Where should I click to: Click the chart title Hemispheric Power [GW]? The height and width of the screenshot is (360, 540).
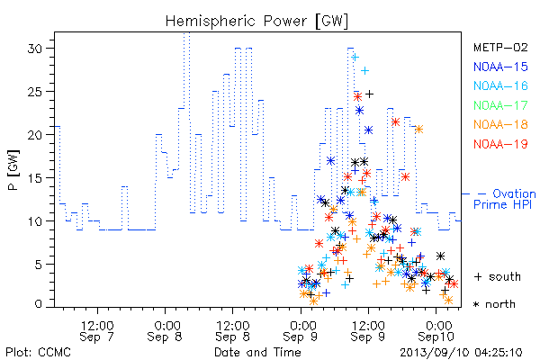[x=256, y=21]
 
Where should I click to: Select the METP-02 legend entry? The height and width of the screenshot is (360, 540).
[x=500, y=47]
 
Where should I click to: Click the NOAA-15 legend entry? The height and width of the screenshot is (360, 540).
[x=500, y=67]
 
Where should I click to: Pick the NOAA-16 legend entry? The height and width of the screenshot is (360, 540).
[x=500, y=85]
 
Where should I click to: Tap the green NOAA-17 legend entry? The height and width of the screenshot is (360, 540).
[x=500, y=105]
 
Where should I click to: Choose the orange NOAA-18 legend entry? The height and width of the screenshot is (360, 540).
[x=500, y=124]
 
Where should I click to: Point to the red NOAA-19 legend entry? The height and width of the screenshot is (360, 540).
[x=500, y=144]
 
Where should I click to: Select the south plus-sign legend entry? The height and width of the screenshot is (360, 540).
[x=498, y=276]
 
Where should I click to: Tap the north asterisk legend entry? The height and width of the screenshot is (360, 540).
[x=494, y=304]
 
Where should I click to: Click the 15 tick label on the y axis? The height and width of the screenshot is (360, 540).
[x=35, y=178]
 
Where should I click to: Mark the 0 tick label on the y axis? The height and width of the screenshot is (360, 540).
[x=39, y=304]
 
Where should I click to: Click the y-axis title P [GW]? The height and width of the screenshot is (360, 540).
[x=13, y=170]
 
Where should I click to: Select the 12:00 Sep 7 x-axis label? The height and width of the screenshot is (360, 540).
[x=97, y=331]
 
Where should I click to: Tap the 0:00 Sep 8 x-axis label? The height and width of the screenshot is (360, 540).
[x=165, y=331]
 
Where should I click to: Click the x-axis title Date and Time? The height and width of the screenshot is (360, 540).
[x=257, y=353]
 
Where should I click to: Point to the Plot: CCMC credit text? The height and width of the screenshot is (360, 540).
[x=38, y=353]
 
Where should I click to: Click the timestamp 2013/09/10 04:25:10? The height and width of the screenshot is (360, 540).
[x=461, y=353]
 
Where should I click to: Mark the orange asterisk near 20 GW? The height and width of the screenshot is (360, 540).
[x=418, y=130]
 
